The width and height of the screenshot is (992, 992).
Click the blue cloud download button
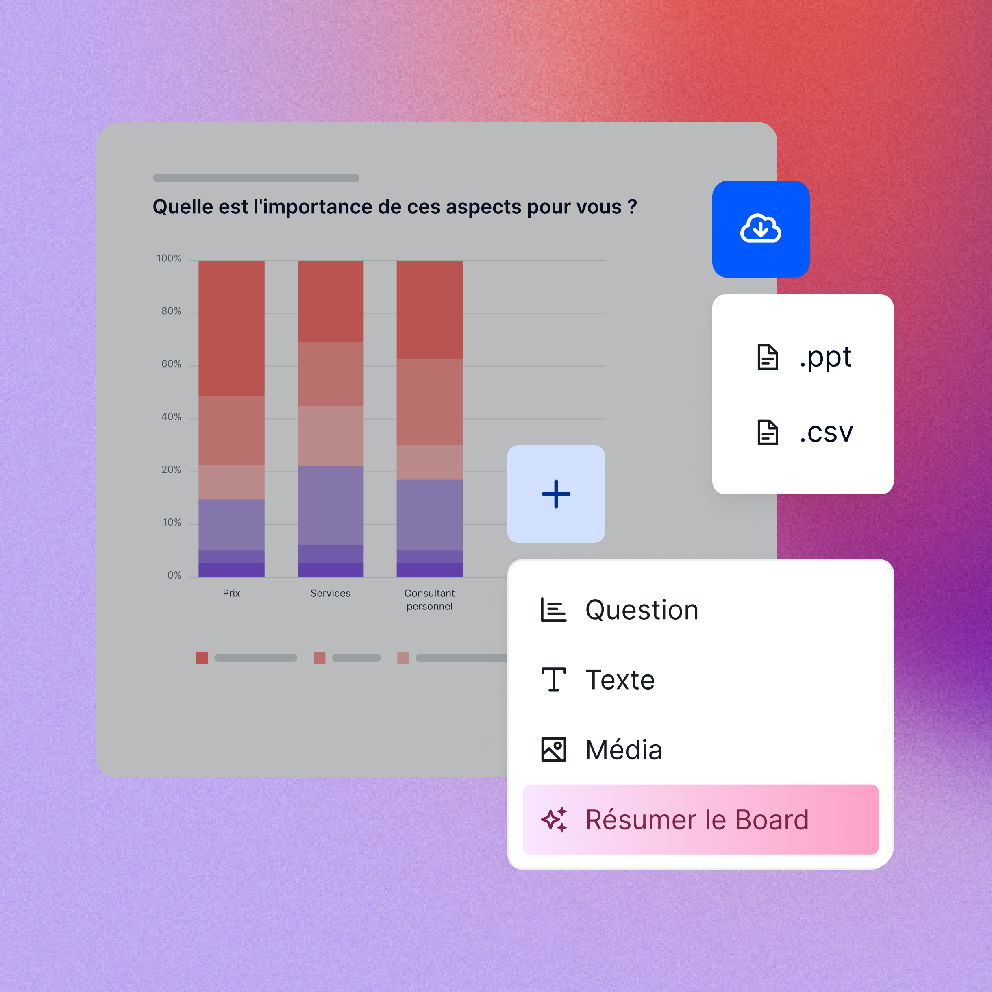760,229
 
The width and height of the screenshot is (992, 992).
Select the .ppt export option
804,357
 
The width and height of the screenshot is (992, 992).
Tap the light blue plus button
556,494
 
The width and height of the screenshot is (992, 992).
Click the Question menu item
620,610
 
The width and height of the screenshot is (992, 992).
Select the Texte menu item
598,680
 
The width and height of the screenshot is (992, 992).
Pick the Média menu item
601,749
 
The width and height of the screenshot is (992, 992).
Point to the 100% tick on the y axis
169,258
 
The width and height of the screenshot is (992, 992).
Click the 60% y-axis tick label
171,364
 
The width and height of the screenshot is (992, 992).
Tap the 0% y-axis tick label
174,575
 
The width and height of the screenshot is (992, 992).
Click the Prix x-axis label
232,593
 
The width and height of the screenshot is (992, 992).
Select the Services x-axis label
331,593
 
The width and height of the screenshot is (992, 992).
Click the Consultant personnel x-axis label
430,600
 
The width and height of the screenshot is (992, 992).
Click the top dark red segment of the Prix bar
232,328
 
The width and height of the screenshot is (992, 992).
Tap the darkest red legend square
202,658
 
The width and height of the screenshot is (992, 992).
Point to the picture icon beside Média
553,750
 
